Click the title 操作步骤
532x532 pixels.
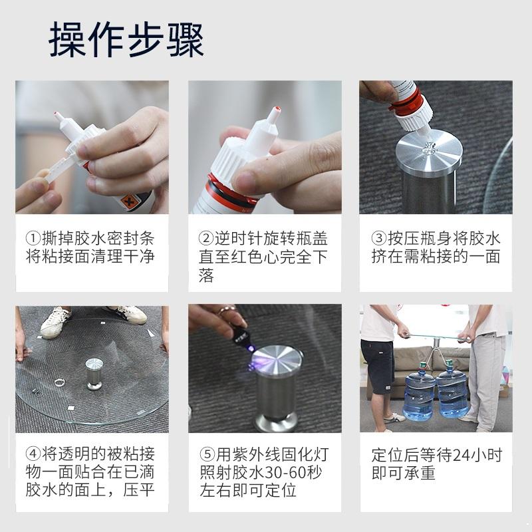[126, 39]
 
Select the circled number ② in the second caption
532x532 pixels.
[206, 238]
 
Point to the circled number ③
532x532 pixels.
[379, 238]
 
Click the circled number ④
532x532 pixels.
[33, 454]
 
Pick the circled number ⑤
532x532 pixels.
[207, 454]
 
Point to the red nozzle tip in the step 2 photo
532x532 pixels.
[277, 109]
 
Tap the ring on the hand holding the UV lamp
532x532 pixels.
[227, 310]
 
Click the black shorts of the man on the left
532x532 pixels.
[377, 366]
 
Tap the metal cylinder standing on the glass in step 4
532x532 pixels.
[94, 374]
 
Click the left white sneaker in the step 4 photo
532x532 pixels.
[56, 323]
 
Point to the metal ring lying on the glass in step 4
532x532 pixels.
[60, 383]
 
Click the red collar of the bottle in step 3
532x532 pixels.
[406, 102]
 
